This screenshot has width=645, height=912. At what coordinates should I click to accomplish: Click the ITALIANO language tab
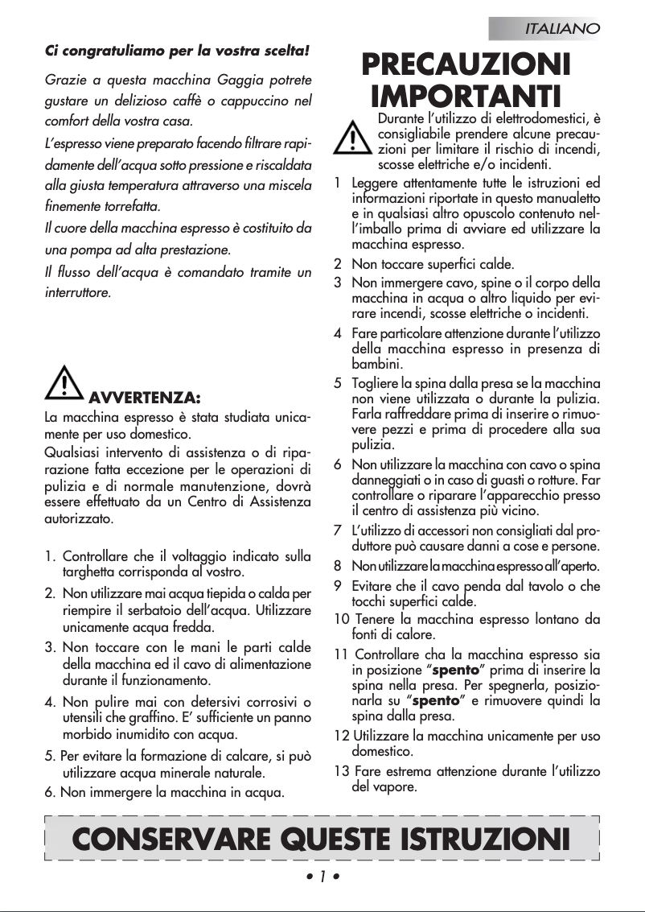coord(562,29)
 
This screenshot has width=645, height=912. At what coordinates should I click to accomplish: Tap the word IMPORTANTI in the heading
coord(466,97)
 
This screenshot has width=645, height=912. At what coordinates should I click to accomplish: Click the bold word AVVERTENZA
coord(144,398)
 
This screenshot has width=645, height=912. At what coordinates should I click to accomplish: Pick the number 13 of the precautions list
coord(341,771)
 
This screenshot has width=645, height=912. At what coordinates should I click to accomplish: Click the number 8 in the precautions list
coord(338,565)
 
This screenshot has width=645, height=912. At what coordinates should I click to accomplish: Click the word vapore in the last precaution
coord(396,786)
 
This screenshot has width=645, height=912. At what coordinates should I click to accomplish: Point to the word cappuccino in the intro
coord(260,102)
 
